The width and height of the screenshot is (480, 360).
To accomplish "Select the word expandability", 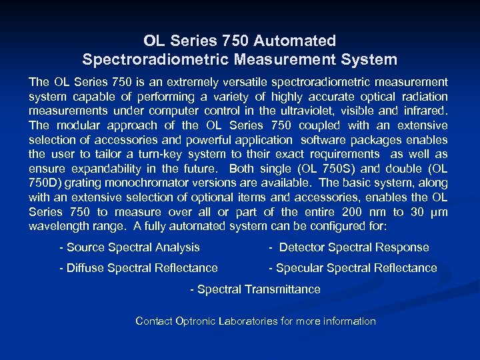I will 95,169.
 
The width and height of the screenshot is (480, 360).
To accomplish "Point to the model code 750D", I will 44,183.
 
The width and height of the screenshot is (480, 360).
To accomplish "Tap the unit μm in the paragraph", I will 439,212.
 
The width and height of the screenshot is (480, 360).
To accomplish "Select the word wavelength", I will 57,226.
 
